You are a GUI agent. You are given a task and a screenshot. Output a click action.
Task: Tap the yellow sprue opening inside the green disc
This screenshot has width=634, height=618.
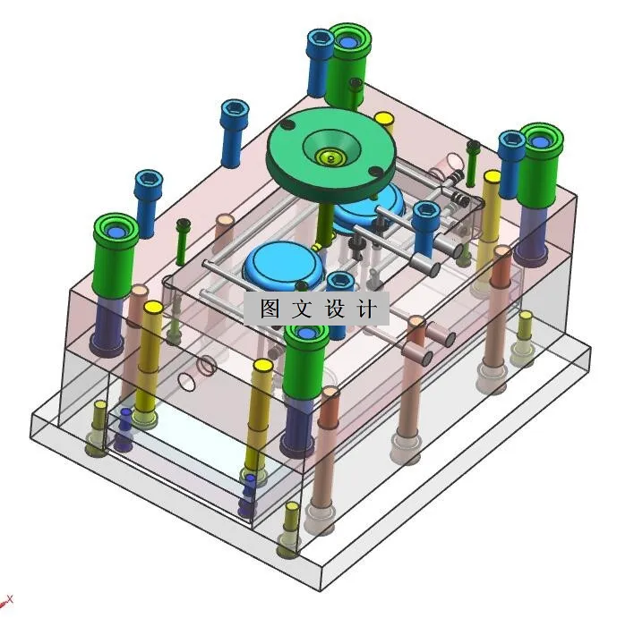point(330,157)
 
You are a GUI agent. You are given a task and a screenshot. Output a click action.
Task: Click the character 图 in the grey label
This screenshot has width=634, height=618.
point(270,309)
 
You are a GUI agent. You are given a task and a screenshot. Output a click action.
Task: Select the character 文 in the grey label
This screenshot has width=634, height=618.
point(302,309)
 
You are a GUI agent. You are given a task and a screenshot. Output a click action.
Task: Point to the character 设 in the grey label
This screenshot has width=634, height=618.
point(334,309)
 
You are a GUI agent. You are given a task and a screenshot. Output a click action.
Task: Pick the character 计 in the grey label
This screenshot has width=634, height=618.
point(367,309)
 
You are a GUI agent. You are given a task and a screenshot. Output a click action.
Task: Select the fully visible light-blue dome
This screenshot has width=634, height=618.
point(284,263)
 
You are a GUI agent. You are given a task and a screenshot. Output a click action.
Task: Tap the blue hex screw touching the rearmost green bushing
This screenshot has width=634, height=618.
point(320,63)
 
